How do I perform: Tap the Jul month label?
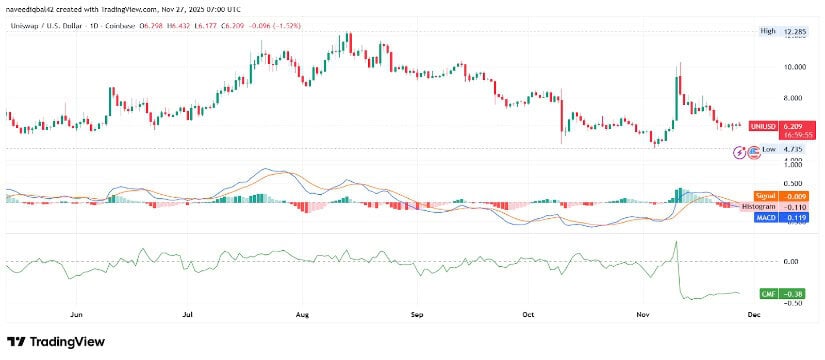click(x=188, y=312)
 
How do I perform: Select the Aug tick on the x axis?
click(x=303, y=312)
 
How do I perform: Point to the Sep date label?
click(x=417, y=312)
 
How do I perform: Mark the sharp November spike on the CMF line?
click(x=677, y=242)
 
